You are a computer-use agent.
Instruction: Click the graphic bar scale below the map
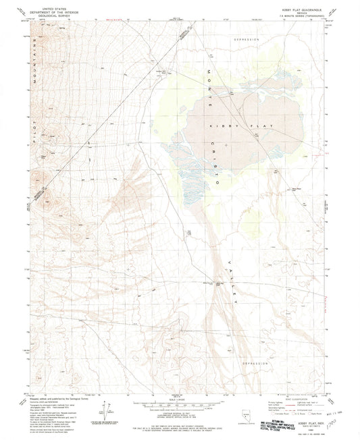[178, 404]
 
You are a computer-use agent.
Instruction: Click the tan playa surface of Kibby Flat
[230, 115]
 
